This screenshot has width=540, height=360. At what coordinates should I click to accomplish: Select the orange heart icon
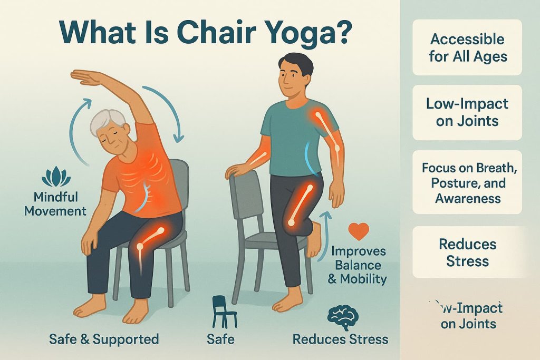359,231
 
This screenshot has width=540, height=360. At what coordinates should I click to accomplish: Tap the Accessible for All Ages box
467,47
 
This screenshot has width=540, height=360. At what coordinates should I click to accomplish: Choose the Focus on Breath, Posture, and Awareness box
467,182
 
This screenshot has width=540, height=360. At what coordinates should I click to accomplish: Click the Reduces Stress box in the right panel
467,252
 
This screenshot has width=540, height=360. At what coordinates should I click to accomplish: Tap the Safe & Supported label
104,338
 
